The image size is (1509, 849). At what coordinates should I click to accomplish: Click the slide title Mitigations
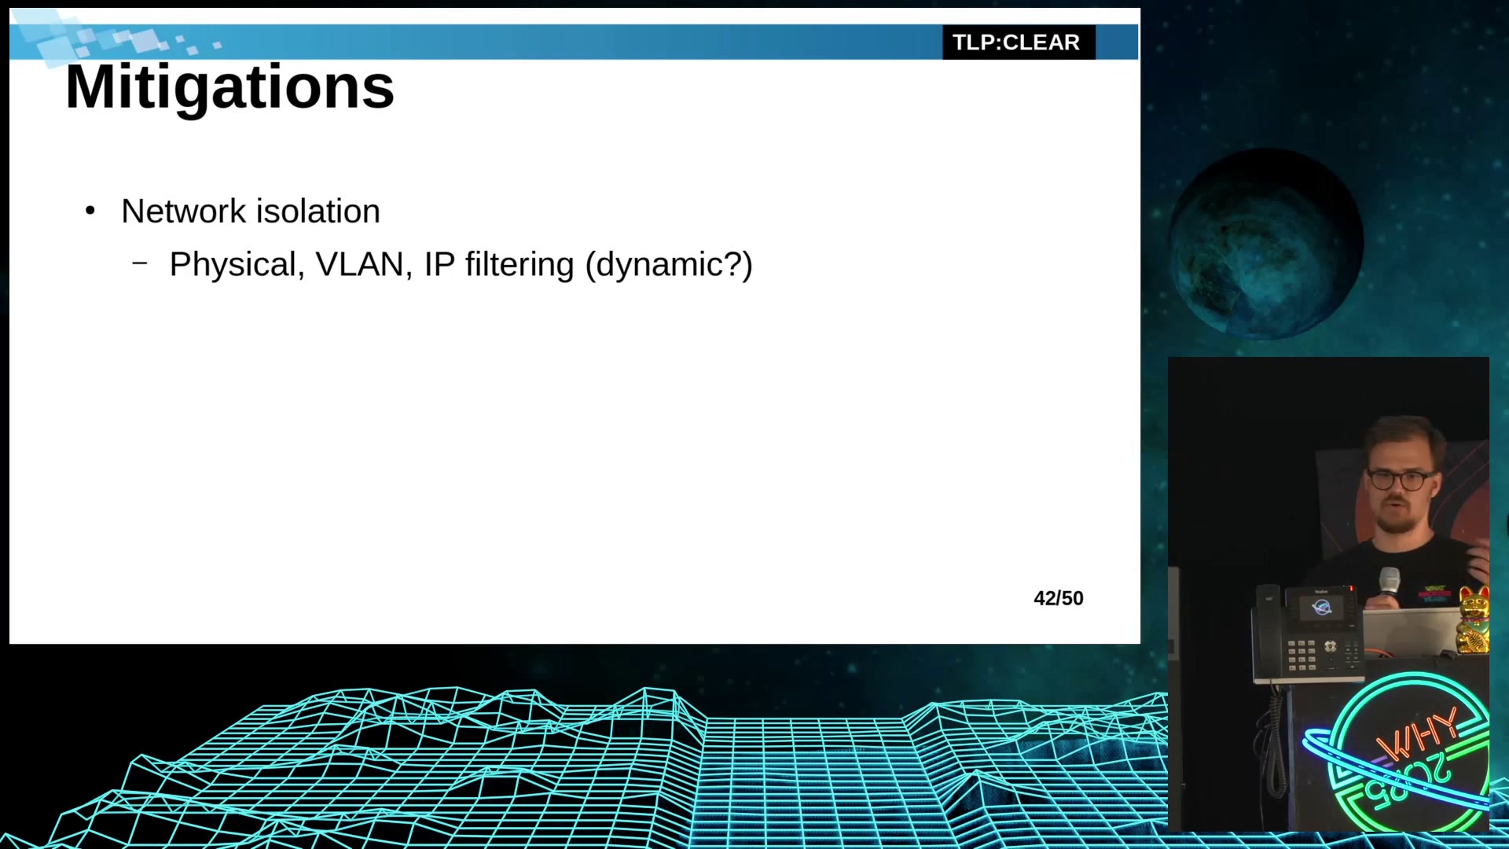[229, 87]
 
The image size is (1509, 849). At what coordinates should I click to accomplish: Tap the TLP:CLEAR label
[1016, 42]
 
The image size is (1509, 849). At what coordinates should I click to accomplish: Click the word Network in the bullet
[184, 211]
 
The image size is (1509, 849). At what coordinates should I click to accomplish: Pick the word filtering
[520, 266]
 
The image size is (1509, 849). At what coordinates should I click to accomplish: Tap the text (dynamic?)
[669, 266]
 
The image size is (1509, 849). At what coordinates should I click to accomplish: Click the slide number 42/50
[1059, 598]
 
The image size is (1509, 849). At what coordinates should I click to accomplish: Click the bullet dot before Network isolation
[90, 211]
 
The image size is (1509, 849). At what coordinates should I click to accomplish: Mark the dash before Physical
[140, 264]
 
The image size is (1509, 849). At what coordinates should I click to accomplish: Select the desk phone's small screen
[1321, 608]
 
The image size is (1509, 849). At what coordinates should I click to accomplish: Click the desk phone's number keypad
[1301, 655]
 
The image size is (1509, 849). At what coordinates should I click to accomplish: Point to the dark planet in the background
[1265, 244]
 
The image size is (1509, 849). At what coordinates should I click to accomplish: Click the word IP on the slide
[439, 265]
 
